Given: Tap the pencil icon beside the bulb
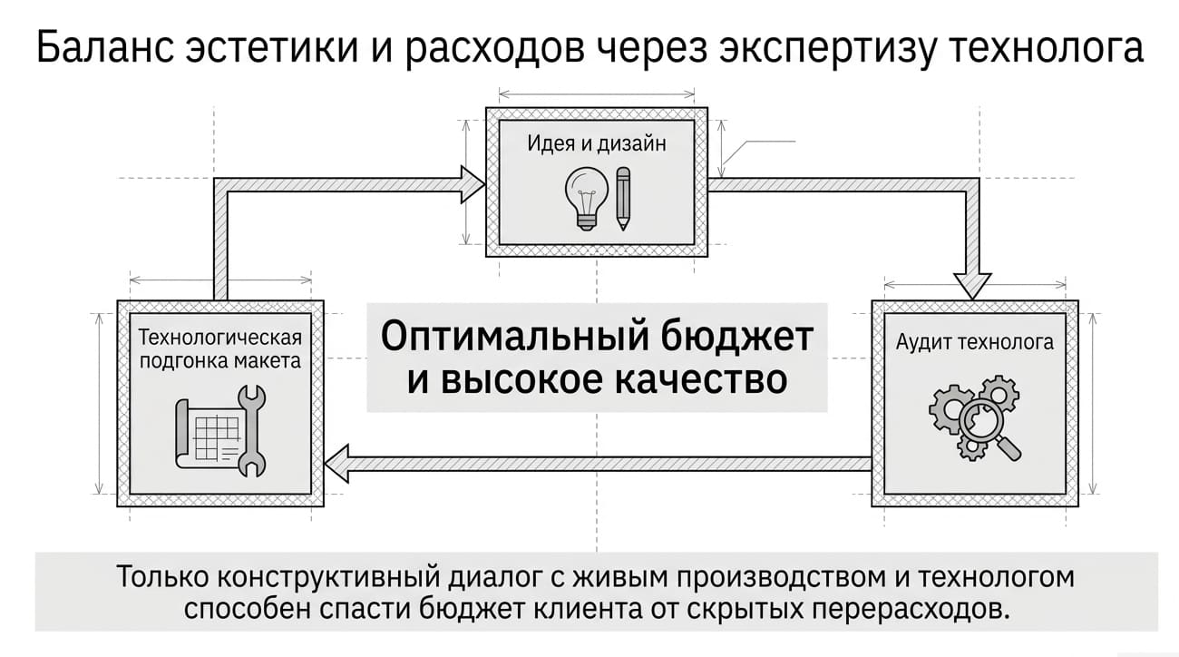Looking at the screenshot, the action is click(623, 199).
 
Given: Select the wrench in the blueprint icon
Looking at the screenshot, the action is click(252, 431).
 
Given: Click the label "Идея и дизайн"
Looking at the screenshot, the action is click(597, 143).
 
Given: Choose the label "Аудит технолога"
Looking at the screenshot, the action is click(975, 343).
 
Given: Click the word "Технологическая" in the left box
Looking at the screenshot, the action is click(220, 337).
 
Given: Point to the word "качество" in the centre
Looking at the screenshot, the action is click(701, 380).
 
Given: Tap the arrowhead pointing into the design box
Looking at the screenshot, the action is click(473, 184).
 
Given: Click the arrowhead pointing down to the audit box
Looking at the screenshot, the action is click(972, 287).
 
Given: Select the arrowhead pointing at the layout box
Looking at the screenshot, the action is click(336, 464).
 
